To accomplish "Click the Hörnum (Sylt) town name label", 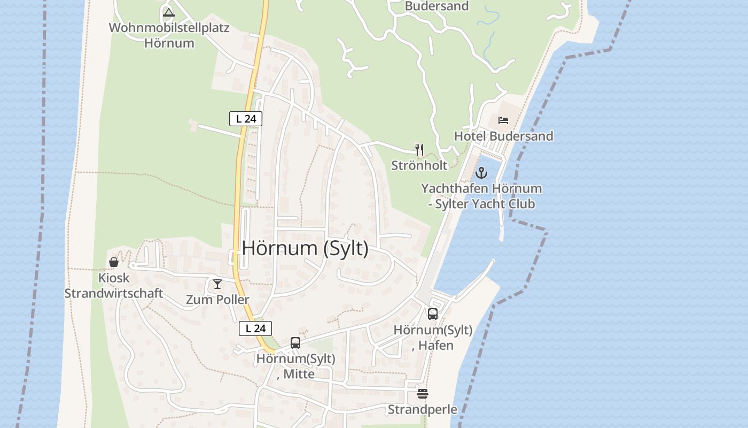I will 305,248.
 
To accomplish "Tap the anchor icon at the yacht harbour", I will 482,173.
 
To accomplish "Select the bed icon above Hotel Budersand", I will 503,120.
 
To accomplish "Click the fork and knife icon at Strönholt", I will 419,149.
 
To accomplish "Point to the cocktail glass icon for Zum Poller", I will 217,284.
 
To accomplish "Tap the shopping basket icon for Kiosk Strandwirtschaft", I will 114,262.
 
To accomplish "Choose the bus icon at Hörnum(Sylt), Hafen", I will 433,314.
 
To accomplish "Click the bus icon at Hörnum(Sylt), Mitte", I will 295,343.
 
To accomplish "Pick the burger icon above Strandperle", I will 423,394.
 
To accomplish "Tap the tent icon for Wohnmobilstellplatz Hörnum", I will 169,12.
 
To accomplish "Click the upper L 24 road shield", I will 246,119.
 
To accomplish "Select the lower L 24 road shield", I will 255,328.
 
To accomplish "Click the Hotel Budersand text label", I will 503,136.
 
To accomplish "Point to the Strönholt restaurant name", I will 419,165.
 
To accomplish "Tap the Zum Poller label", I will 217,300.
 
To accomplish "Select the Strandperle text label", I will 423,410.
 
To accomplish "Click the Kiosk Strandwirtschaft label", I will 114,286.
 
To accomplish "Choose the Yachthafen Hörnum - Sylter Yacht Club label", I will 481,196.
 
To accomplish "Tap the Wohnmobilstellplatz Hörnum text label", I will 169,35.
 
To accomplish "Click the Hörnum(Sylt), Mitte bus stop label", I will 295,366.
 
